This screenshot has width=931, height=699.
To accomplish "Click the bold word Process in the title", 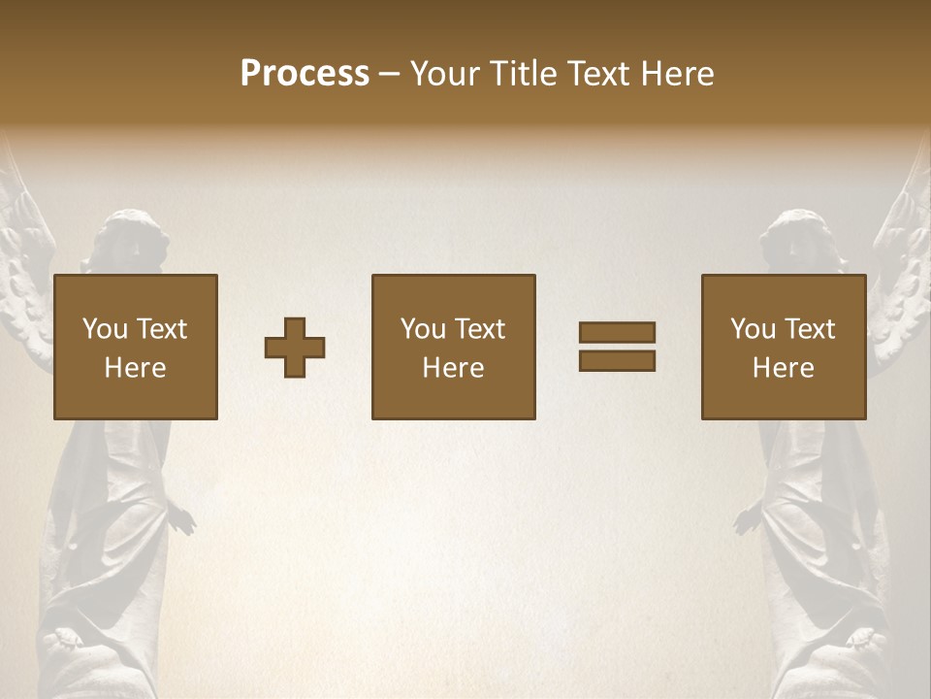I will coord(305,74).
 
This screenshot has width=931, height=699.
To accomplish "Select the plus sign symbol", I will coord(295,348).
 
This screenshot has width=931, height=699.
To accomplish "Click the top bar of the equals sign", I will coord(617,332).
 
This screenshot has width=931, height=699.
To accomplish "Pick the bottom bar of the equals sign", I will coord(617,361).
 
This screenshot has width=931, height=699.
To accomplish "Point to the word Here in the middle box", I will coord(453,368).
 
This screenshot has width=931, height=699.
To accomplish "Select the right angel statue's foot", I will coord(861,641).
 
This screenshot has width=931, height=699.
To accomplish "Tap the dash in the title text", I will coord(390,75).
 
